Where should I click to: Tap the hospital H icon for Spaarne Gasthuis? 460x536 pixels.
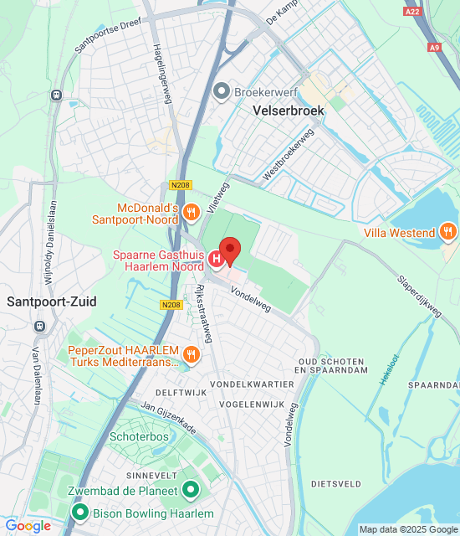[217, 260]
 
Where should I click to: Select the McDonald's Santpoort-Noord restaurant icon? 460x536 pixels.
[192, 213]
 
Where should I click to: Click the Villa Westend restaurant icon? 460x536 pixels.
[448, 232]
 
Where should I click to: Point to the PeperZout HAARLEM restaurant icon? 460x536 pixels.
[192, 354]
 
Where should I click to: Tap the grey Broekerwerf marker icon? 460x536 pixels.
[222, 90]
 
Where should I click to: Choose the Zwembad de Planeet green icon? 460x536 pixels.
[192, 490]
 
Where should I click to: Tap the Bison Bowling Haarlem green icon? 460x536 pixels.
[80, 513]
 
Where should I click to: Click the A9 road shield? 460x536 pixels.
[433, 48]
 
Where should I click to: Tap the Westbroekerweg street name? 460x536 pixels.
[288, 154]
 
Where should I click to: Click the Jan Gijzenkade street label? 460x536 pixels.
[168, 415]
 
